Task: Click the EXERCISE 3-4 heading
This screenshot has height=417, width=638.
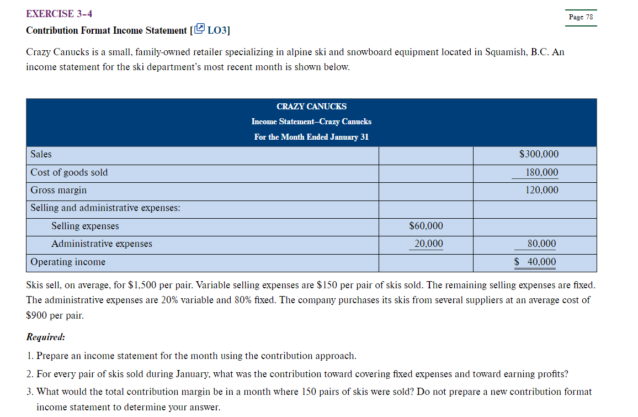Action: [59, 13]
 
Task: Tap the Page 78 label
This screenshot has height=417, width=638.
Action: [581, 17]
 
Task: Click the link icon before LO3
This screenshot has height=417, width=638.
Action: [200, 29]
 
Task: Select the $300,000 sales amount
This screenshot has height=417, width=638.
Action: [539, 155]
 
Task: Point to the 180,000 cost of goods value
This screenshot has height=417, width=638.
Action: [541, 172]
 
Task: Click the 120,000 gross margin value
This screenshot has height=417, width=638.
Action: [541, 190]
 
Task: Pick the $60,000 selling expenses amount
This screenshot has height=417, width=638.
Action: [426, 226]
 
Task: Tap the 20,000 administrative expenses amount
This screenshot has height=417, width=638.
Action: [428, 244]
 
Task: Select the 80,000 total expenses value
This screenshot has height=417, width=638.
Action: [541, 244]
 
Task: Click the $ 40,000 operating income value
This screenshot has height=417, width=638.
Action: [535, 262]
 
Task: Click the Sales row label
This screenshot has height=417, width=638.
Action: [41, 155]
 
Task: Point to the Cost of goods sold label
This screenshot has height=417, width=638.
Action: [69, 172]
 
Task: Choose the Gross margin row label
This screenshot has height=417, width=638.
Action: [59, 190]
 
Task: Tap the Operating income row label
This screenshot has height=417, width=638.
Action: [68, 262]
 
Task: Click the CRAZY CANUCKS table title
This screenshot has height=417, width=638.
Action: [311, 107]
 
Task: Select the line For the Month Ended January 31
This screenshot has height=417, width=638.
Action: [311, 137]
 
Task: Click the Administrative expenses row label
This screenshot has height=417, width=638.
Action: [102, 244]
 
